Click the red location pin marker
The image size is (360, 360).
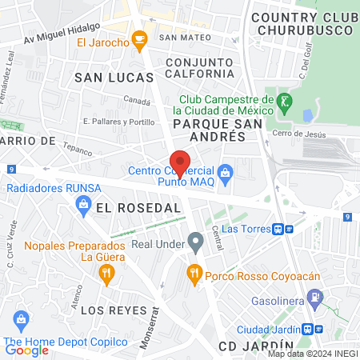click(181, 162)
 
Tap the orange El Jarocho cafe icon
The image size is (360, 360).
click(140, 38)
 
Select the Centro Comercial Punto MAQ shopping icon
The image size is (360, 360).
click(226, 170)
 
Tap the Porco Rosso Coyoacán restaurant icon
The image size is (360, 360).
click(194, 274)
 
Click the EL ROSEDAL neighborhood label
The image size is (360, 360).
click(127, 206)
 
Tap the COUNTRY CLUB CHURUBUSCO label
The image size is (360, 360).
click(301, 23)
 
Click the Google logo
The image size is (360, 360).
click(26, 350)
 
